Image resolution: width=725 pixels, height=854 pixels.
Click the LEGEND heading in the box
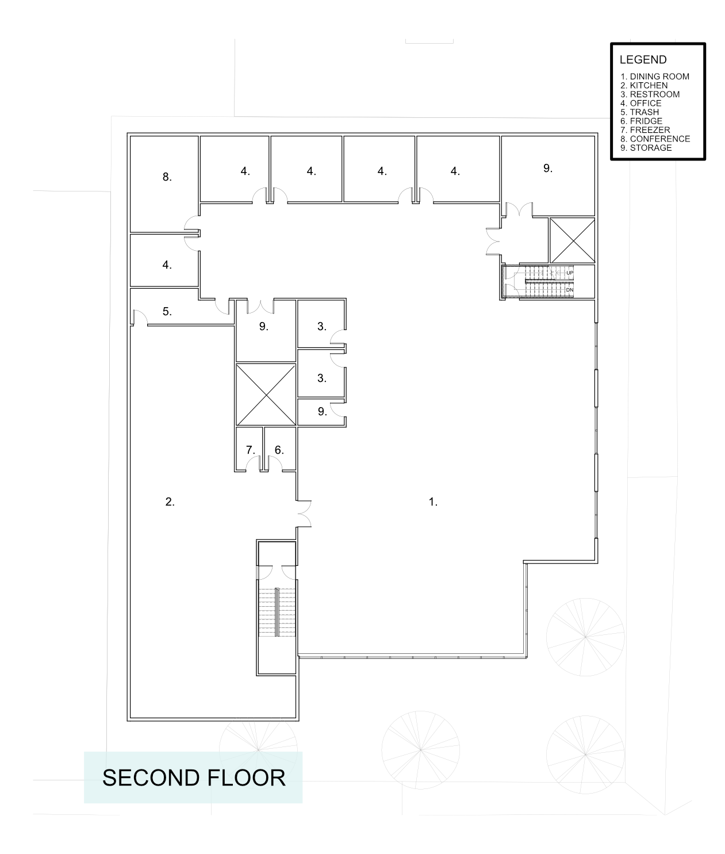coord(643,60)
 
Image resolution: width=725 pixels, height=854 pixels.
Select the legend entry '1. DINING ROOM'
coord(654,76)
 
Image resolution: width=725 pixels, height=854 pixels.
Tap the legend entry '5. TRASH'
coord(639,112)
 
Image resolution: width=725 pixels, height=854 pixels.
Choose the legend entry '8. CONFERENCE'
coord(655,139)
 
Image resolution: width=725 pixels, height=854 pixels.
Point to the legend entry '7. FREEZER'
coord(645,130)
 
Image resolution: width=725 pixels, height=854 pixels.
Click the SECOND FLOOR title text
coord(194,778)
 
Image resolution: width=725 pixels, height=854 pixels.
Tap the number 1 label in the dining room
coord(433,501)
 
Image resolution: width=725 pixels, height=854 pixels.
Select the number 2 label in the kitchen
coord(170,501)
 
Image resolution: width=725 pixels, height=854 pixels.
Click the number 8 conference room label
coord(167,177)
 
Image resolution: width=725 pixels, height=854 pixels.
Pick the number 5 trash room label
coord(167,312)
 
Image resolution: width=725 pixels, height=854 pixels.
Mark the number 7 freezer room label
coord(250,450)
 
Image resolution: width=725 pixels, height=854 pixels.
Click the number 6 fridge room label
coord(279,450)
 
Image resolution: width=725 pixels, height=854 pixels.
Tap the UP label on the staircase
coord(569,273)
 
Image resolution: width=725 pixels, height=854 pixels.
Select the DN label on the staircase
coord(569,290)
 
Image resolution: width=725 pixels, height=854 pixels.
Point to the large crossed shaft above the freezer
coord(266,394)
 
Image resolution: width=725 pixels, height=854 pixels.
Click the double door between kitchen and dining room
coord(304,513)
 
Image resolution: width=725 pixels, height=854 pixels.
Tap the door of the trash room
coord(138,317)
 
